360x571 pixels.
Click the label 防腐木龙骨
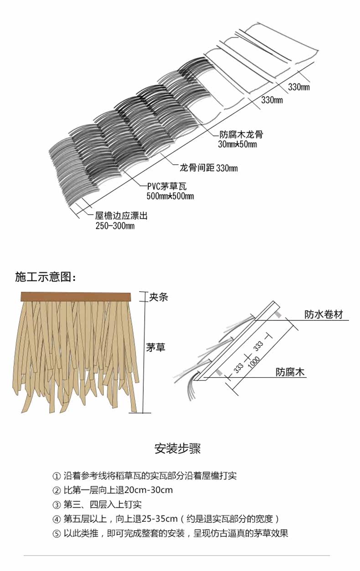241,135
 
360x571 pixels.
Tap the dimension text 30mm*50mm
237,145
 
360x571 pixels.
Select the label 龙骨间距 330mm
208,169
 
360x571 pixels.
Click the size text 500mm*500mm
170,196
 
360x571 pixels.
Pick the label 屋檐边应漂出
121,216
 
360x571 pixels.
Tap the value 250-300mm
115,226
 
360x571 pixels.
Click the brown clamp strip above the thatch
76,297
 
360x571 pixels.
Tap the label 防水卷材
324,314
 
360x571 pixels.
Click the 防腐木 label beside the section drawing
290,372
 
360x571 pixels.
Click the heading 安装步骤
178,449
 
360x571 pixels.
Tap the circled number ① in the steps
57,477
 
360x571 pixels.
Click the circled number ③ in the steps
57,505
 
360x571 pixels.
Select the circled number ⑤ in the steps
57,533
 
